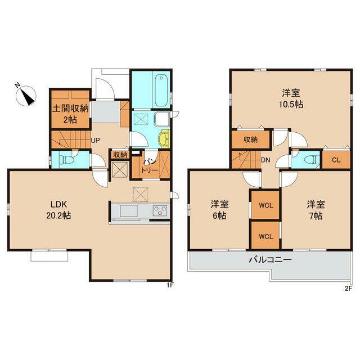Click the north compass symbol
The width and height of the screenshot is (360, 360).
26,95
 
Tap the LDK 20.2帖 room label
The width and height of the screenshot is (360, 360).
58,210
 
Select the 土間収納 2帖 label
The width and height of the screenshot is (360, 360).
70,114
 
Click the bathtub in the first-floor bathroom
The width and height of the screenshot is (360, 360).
162,90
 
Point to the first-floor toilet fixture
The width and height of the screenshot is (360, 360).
66,159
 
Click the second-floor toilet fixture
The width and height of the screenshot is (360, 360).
312,159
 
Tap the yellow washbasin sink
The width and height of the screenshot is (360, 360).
163,139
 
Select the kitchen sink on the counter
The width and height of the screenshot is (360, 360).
129,211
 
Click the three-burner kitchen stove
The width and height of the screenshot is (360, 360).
160,211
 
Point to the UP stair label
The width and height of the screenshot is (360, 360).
95,141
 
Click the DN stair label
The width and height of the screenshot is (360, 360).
265,160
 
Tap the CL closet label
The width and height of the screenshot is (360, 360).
336,160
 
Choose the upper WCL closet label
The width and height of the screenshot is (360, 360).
265,205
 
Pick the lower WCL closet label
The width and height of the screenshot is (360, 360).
265,236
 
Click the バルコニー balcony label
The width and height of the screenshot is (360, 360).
271,260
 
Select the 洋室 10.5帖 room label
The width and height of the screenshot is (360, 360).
291,99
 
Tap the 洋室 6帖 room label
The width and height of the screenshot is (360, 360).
219,210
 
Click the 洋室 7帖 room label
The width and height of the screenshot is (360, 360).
316,210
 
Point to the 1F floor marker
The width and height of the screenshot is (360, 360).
170,285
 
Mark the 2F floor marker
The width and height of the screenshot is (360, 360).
349,289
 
